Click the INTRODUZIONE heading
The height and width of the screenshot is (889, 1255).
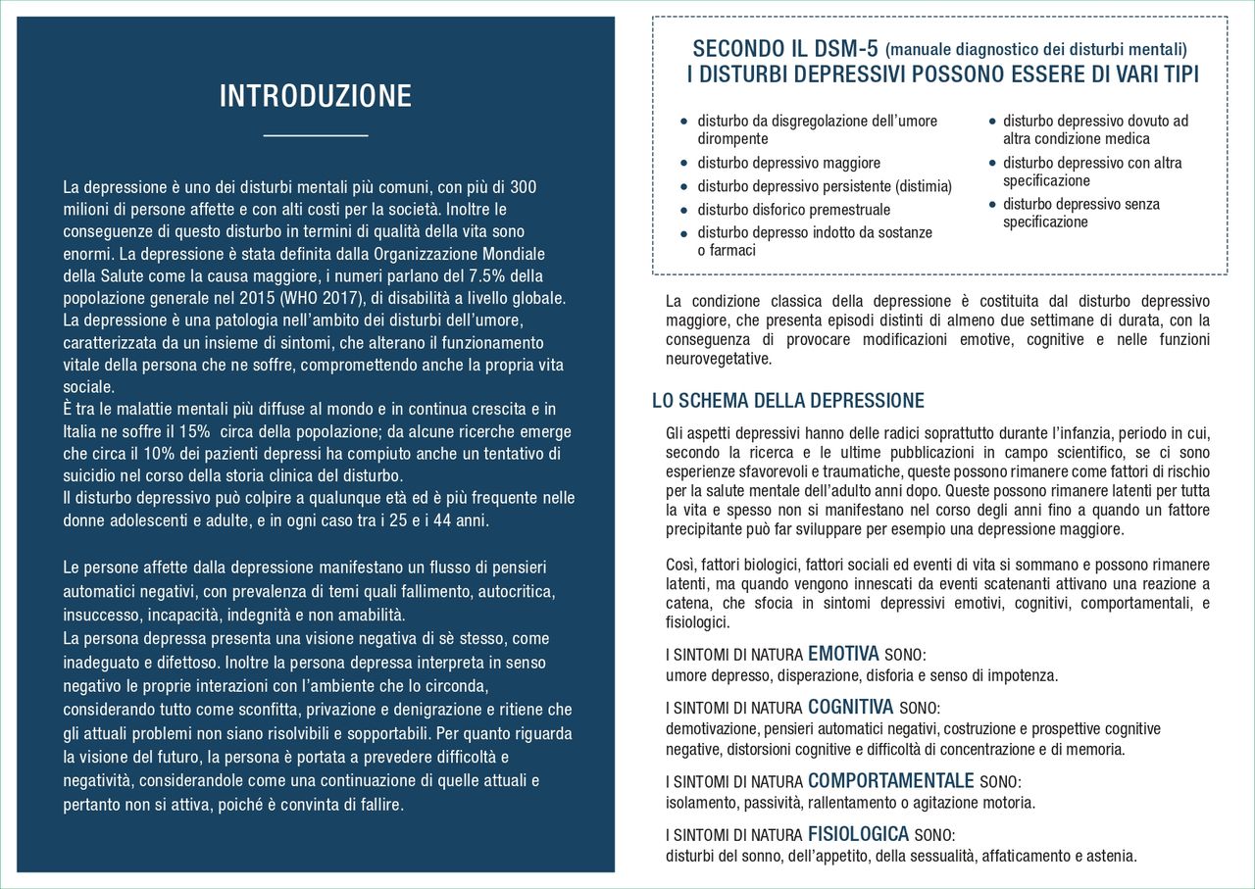point(315,96)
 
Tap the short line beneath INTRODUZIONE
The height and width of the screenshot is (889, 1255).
point(315,135)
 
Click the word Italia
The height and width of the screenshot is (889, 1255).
point(83,431)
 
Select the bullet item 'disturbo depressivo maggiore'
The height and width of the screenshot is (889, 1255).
point(788,163)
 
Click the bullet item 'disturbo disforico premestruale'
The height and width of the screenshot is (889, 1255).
point(793,210)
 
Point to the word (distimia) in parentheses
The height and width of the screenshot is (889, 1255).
point(919,186)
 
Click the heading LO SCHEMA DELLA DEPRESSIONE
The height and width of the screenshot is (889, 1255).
point(788,401)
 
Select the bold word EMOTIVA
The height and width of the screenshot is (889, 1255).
point(844,654)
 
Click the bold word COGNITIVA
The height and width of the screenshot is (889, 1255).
point(850,707)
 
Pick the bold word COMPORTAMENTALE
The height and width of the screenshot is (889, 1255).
point(890,781)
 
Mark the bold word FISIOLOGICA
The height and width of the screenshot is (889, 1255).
point(858,834)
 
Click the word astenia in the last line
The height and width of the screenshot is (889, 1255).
point(1110,856)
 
